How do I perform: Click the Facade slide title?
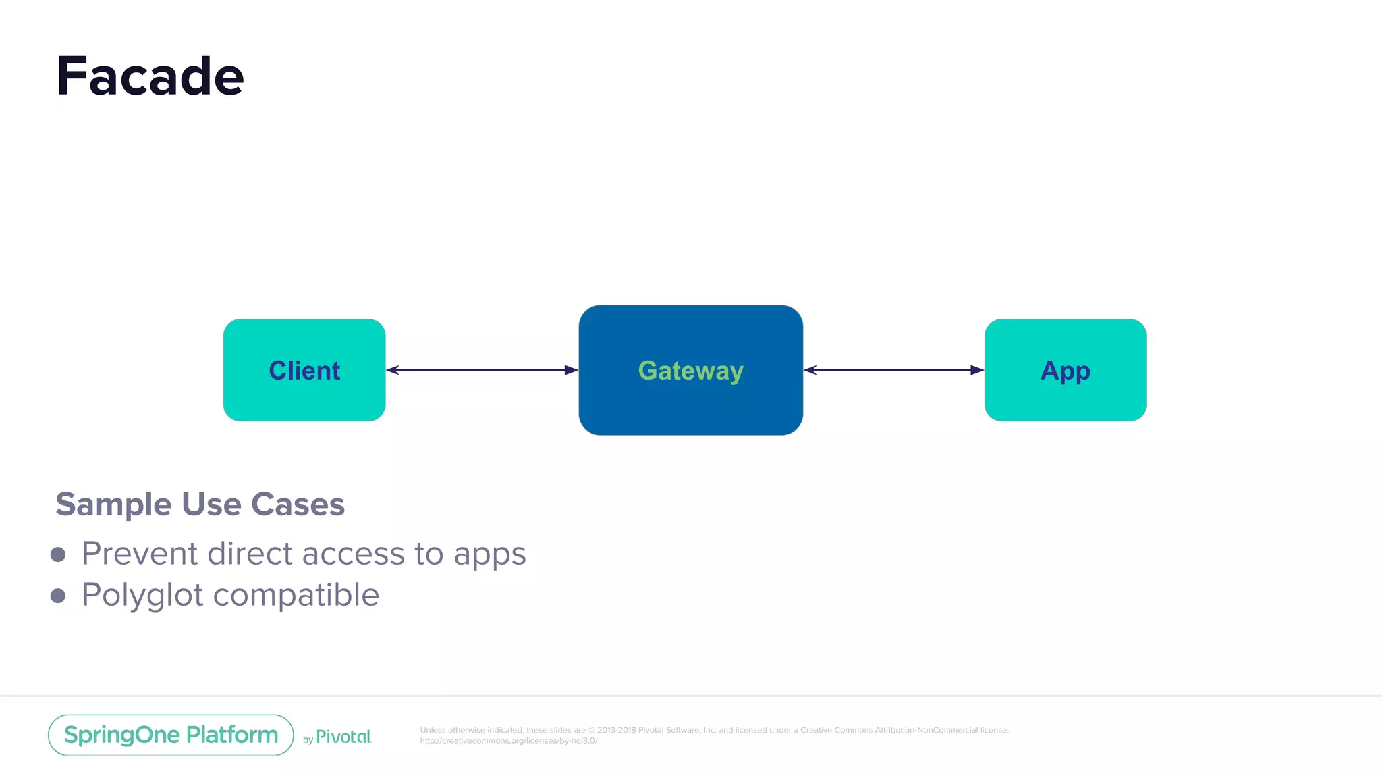click(150, 76)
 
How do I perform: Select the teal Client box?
click(304, 370)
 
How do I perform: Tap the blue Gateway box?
click(690, 370)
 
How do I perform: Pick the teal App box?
click(1065, 370)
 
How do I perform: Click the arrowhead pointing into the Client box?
click(393, 370)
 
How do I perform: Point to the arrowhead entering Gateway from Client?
click(571, 370)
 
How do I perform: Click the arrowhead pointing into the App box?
click(976, 370)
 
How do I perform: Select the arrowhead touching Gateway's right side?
click(811, 370)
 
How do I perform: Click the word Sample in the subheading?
click(113, 504)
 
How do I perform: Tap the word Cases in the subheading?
click(298, 504)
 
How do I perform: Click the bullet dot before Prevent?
click(58, 554)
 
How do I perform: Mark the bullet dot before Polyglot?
click(58, 596)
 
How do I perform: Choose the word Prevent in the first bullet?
click(140, 554)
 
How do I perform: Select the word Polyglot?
click(142, 596)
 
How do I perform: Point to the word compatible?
click(296, 596)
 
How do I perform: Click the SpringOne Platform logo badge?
click(171, 735)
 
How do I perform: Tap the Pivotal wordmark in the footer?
click(343, 737)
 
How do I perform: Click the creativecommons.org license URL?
click(508, 741)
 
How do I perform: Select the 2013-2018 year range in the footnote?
click(616, 730)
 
